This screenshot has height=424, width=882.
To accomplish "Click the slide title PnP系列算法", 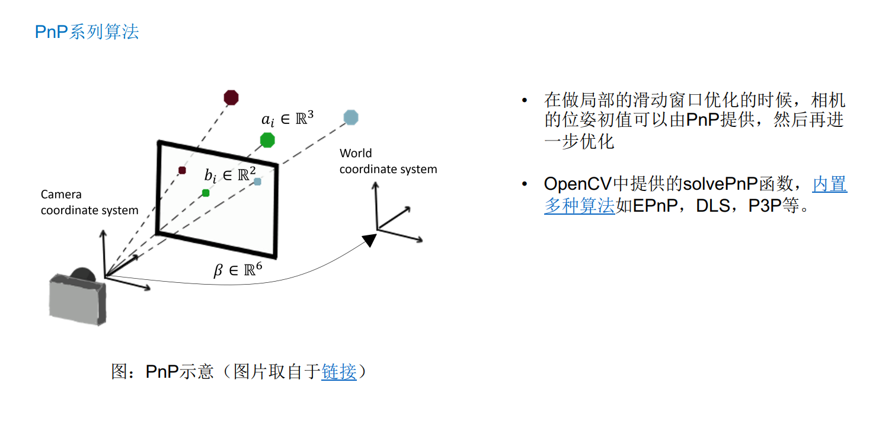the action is [x=87, y=32].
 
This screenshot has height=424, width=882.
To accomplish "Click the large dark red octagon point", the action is [x=231, y=97].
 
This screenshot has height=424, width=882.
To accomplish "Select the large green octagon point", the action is [x=267, y=140].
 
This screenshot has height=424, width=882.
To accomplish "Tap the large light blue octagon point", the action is [x=351, y=117].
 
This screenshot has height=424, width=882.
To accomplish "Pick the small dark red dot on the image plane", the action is [x=183, y=170].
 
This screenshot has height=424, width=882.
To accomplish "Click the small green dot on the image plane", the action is [x=206, y=193].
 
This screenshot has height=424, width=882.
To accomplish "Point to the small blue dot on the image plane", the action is [x=257, y=181].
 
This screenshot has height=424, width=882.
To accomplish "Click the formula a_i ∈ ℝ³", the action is [x=287, y=119].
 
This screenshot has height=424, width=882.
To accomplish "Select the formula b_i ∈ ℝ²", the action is [x=230, y=174].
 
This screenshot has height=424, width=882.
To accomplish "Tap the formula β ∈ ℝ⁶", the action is [x=238, y=270].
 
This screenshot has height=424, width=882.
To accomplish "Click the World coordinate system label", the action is [x=388, y=161].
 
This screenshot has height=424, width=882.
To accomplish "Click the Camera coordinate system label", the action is [x=89, y=202].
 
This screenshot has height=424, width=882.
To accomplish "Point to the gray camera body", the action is [x=77, y=299].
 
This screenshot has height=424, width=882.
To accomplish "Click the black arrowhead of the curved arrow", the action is [x=369, y=240].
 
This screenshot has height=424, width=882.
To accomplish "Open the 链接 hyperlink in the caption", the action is [x=339, y=372].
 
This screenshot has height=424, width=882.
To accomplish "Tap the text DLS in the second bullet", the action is [x=717, y=207].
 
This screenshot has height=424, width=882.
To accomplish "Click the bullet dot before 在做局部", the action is [x=524, y=100].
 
